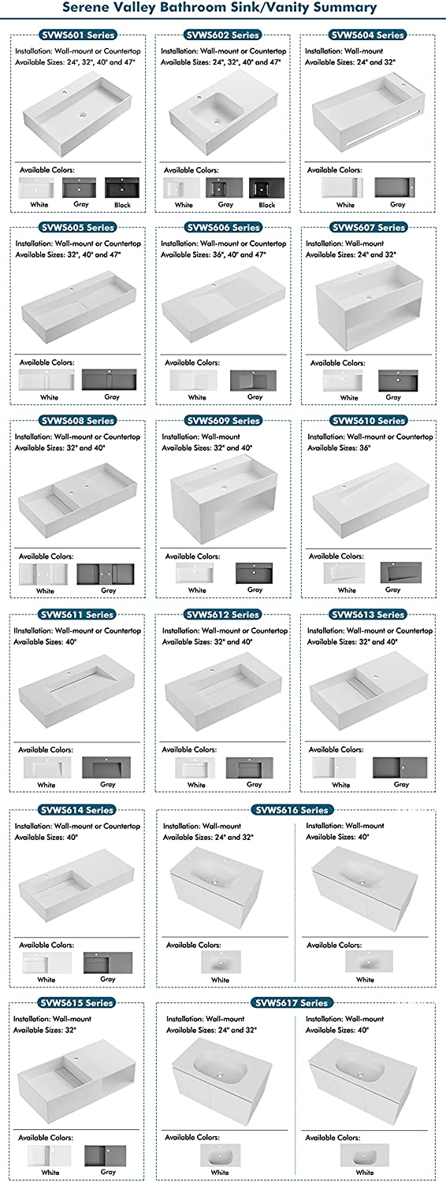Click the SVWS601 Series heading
[77, 35]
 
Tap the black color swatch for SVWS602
[266, 188]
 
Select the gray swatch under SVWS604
[395, 188]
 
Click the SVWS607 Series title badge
[369, 228]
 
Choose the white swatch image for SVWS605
[46, 379]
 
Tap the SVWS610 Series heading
[369, 421]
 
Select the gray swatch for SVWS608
[106, 574]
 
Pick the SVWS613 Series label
[368, 614]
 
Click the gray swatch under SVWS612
[250, 768]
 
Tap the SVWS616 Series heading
[292, 809]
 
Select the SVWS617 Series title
[292, 1002]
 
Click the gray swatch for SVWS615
[105, 1155]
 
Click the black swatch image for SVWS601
[122, 188]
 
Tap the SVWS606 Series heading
[223, 228]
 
